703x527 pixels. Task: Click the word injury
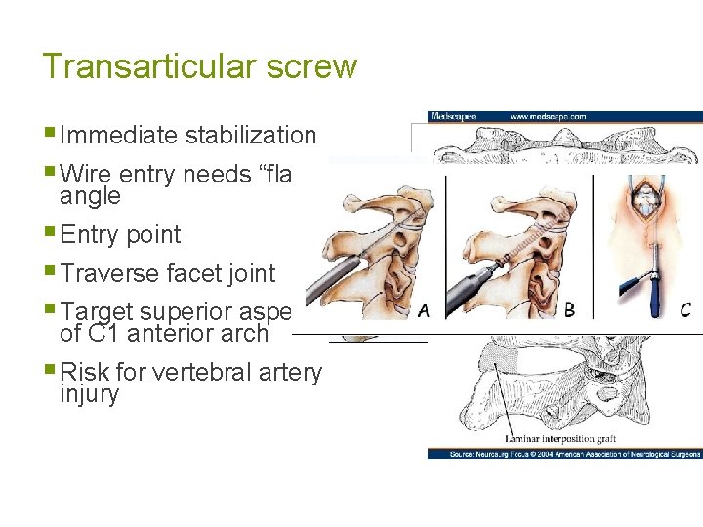point(89,394)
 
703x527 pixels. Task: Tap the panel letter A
point(423,311)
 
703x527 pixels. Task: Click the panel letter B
point(569,310)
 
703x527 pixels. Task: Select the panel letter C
point(685,310)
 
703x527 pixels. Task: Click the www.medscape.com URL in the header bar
point(547,116)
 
